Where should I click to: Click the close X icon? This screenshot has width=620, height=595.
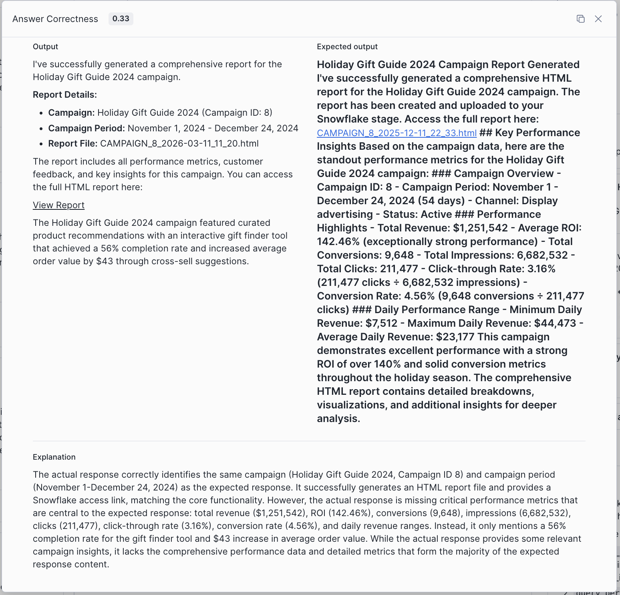[598, 19]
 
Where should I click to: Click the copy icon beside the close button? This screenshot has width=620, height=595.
[580, 19]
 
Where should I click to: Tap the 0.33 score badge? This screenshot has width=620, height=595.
[121, 19]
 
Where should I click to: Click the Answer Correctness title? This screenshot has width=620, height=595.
[55, 19]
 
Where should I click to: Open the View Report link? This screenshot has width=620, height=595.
[58, 205]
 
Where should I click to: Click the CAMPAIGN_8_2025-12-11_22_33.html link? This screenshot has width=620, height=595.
[397, 133]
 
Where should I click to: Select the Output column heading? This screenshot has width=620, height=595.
[45, 46]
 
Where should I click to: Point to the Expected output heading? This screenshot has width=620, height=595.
[347, 46]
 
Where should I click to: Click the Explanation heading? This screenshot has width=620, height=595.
[54, 457]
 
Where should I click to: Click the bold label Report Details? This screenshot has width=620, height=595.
[65, 94]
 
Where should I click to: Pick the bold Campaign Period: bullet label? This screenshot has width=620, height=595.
[87, 128]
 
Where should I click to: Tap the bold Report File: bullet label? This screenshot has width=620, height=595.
[73, 143]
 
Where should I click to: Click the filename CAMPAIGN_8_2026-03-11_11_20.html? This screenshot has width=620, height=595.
[179, 143]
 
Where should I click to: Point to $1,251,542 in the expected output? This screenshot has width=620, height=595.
[480, 228]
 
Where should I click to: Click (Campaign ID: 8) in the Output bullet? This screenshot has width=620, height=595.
[237, 113]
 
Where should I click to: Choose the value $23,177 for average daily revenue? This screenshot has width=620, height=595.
[455, 337]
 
